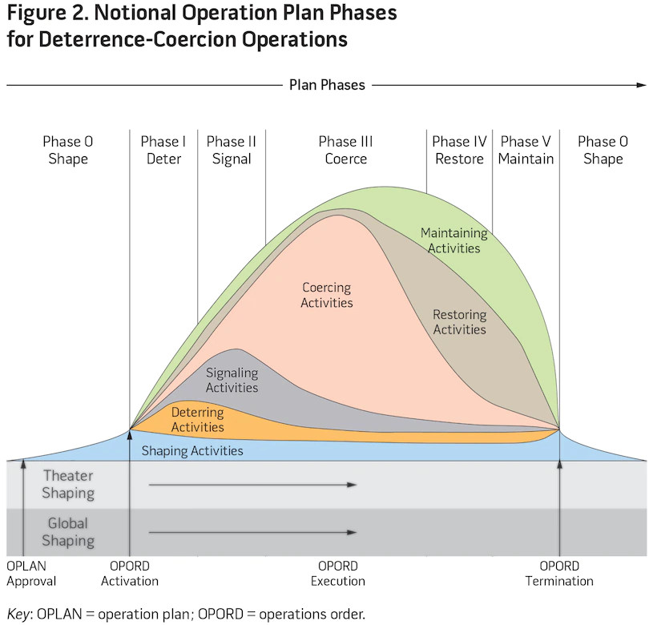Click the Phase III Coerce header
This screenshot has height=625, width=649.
[345, 150]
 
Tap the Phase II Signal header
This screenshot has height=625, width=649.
[232, 150]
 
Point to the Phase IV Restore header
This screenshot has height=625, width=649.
[458, 150]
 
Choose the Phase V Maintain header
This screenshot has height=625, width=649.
[526, 150]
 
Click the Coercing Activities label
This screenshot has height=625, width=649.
[327, 295]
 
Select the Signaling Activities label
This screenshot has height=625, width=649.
[232, 380]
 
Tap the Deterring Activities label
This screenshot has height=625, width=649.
[197, 420]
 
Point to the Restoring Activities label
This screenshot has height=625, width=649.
[459, 321]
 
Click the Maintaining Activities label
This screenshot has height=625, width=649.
[453, 240]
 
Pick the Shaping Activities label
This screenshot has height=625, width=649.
[192, 451]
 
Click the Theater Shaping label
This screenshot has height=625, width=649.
[68, 484]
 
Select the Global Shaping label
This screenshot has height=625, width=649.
[68, 532]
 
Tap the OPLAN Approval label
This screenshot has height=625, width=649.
[30, 573]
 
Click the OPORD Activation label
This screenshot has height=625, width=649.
[129, 573]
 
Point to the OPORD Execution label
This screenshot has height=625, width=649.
[337, 573]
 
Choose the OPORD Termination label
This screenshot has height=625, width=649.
[559, 573]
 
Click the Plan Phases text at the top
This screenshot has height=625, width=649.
[326, 85]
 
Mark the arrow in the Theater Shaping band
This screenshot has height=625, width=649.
[252, 485]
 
